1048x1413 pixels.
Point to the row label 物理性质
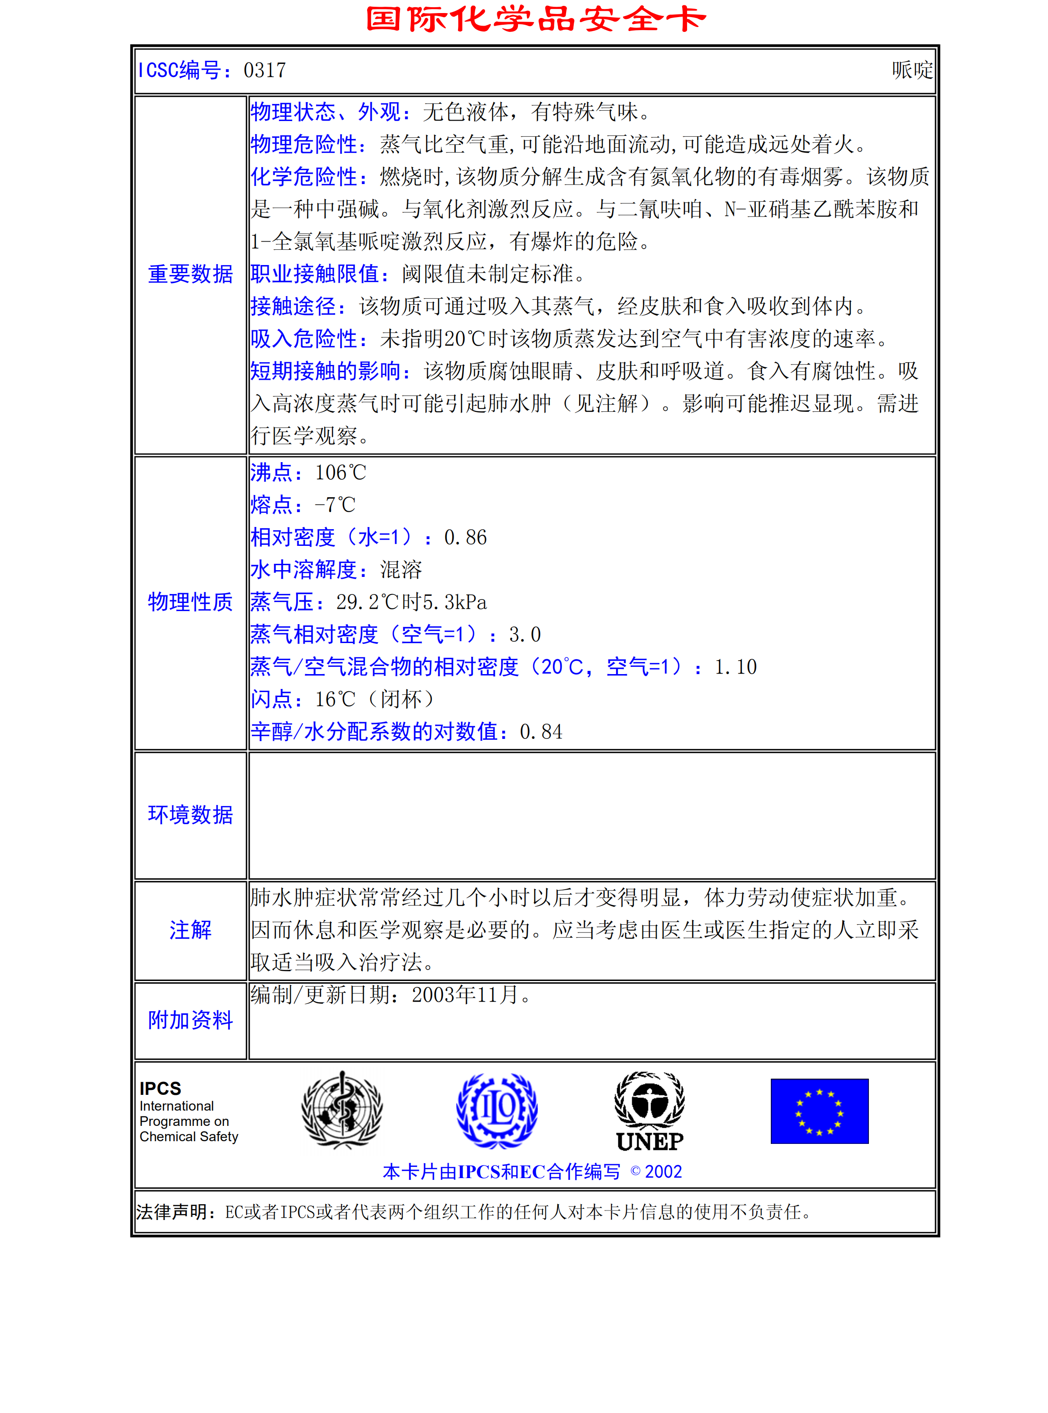[x=190, y=602]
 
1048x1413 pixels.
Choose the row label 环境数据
[x=190, y=814]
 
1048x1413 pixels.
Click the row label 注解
[x=190, y=930]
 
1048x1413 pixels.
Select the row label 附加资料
[x=190, y=1020]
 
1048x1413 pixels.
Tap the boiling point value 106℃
[x=341, y=472]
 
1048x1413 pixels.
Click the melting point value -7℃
[x=335, y=505]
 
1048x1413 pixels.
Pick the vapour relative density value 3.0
[x=525, y=634]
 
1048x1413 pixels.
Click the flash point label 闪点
[x=271, y=699]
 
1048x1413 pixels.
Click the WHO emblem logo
[x=342, y=1110]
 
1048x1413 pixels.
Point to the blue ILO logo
[x=497, y=1110]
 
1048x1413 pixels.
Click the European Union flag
[x=819, y=1111]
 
